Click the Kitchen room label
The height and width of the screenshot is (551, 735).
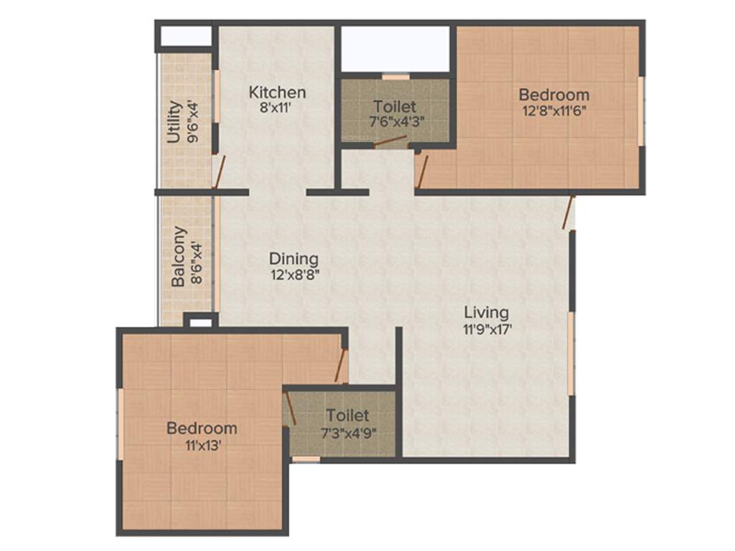pos(277,93)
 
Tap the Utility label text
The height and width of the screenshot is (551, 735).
pos(174,123)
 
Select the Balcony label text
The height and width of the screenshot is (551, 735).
pos(179,257)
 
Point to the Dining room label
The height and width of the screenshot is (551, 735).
pos(294,259)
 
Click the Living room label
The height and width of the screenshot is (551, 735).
pos(486,313)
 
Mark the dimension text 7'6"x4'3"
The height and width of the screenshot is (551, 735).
pos(394,122)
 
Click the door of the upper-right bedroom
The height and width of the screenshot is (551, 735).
pos(423,172)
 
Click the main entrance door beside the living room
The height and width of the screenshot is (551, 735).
pos(570,213)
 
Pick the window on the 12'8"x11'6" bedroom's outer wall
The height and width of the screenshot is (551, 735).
pos(641,111)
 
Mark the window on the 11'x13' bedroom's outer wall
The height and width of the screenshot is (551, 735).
pos(121,424)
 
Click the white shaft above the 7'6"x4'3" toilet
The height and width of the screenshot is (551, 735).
pos(394,48)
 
